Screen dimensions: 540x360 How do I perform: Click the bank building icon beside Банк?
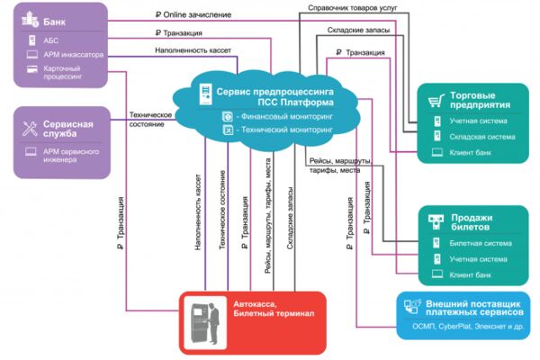[30, 19]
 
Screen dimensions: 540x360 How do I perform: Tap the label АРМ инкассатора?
[74, 55]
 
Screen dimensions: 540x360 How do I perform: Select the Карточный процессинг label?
[63, 72]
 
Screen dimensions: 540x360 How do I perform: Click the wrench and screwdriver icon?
[30, 129]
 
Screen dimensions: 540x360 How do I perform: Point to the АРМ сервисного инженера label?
[71, 156]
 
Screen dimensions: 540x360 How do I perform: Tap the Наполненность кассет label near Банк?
[193, 50]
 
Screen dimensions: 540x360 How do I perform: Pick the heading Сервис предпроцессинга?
[274, 92]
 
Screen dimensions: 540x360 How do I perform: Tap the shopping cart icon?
[436, 101]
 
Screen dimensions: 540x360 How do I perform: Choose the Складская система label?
[482, 137]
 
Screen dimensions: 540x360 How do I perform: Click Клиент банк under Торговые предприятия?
[470, 153]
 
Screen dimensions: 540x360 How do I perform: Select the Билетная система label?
[481, 243]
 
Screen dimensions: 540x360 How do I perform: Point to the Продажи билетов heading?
[472, 222]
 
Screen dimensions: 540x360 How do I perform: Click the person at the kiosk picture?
[205, 323]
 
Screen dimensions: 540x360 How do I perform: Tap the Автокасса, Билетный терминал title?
[274, 309]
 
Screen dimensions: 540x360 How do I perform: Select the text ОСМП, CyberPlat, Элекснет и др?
[468, 326]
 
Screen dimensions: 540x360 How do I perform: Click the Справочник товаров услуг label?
[352, 7]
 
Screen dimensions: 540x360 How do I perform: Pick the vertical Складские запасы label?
[290, 218]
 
